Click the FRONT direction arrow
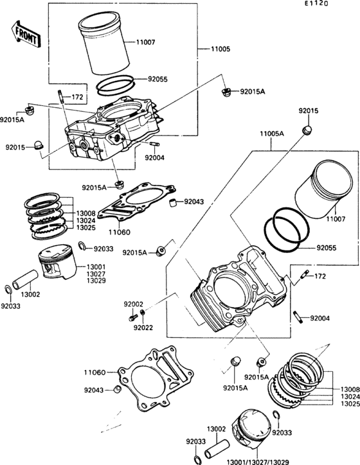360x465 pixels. [26, 33]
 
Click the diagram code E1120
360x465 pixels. [316, 4]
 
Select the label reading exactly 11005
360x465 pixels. [221, 49]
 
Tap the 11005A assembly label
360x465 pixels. [272, 134]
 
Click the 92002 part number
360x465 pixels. [133, 304]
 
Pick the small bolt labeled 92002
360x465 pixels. [132, 318]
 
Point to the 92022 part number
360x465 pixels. [143, 328]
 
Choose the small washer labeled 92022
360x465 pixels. [143, 312]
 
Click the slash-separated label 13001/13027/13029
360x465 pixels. [258, 462]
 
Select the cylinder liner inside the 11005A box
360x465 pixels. [323, 189]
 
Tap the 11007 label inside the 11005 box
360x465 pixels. [146, 42]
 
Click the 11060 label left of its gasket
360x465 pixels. [94, 372]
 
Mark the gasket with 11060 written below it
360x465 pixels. [137, 206]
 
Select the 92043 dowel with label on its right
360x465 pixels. [172, 203]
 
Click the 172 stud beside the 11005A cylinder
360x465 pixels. [305, 274]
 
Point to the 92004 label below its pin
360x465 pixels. [154, 157]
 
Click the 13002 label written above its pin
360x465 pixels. [217, 429]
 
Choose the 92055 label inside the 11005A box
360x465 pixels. [327, 248]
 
